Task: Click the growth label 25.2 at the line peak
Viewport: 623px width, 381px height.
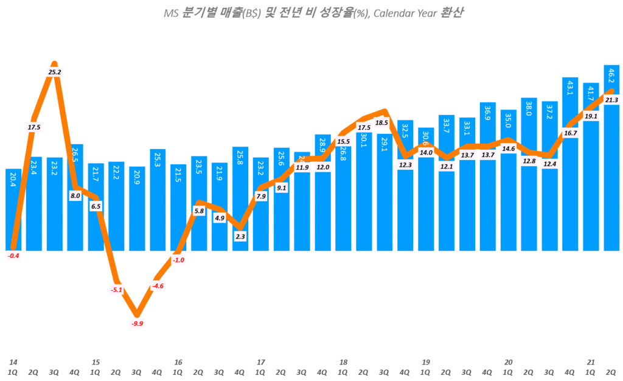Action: tap(55, 72)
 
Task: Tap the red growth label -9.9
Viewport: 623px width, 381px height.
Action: tap(137, 323)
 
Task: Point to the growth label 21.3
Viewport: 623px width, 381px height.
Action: tap(611, 100)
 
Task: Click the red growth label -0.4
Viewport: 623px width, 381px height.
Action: tap(13, 256)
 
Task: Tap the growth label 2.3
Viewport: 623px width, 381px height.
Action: tap(240, 236)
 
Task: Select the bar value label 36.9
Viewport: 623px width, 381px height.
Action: tap(488, 114)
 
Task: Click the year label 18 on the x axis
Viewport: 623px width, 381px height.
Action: tap(343, 362)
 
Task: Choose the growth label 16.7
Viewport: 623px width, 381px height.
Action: tap(570, 133)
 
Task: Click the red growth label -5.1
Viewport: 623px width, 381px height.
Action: tap(117, 290)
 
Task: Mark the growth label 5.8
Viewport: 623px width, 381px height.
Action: tap(199, 211)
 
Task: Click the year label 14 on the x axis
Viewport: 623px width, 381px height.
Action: tap(13, 362)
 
